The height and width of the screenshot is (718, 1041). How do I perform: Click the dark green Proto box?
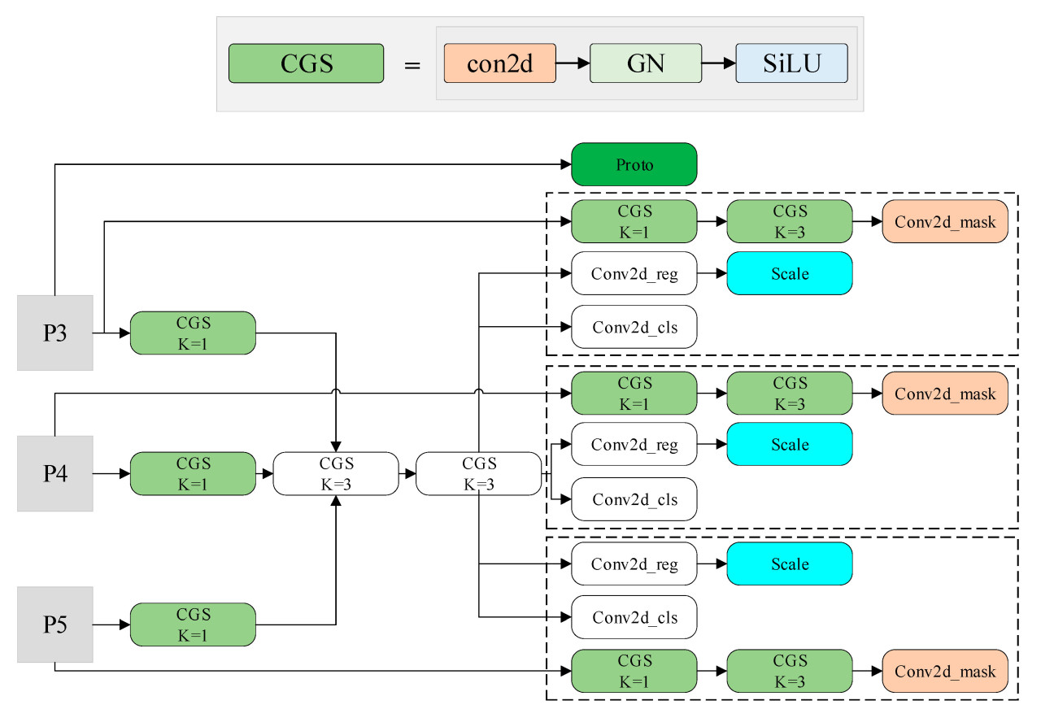tap(634, 164)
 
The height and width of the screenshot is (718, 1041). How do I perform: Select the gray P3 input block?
tap(54, 333)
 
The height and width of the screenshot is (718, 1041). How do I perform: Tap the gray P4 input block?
tap(54, 473)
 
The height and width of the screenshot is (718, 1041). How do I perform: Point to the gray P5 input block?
tap(54, 624)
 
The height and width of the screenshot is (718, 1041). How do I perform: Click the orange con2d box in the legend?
tap(499, 63)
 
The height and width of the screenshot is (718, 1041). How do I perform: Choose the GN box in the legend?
tap(645, 63)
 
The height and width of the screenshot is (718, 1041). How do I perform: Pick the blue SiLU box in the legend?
tap(791, 63)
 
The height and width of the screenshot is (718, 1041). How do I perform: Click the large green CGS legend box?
tap(307, 63)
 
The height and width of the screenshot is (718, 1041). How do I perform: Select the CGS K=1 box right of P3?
tap(193, 333)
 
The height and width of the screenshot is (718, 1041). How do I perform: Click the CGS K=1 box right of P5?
tap(193, 624)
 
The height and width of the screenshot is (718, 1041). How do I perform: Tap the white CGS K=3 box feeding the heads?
tap(478, 473)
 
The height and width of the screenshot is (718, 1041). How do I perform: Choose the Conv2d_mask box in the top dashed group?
tap(945, 221)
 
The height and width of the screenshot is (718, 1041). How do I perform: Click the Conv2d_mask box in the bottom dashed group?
tap(945, 672)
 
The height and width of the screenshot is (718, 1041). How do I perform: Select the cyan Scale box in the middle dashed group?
tap(789, 445)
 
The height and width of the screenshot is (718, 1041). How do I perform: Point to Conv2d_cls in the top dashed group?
tap(634, 327)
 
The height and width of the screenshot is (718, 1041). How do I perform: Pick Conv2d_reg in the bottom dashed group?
tap(634, 564)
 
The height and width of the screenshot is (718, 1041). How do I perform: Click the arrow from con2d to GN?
tap(573, 63)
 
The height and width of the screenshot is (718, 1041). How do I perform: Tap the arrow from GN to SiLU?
tap(718, 63)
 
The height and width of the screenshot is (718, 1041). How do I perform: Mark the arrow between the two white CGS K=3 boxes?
tap(407, 473)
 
